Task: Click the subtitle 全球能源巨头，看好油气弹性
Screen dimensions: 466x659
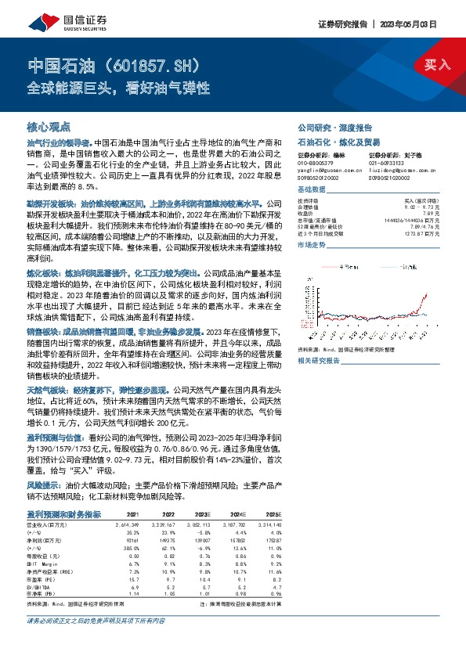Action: point(117,88)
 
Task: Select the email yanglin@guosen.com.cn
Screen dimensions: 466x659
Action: point(322,169)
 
